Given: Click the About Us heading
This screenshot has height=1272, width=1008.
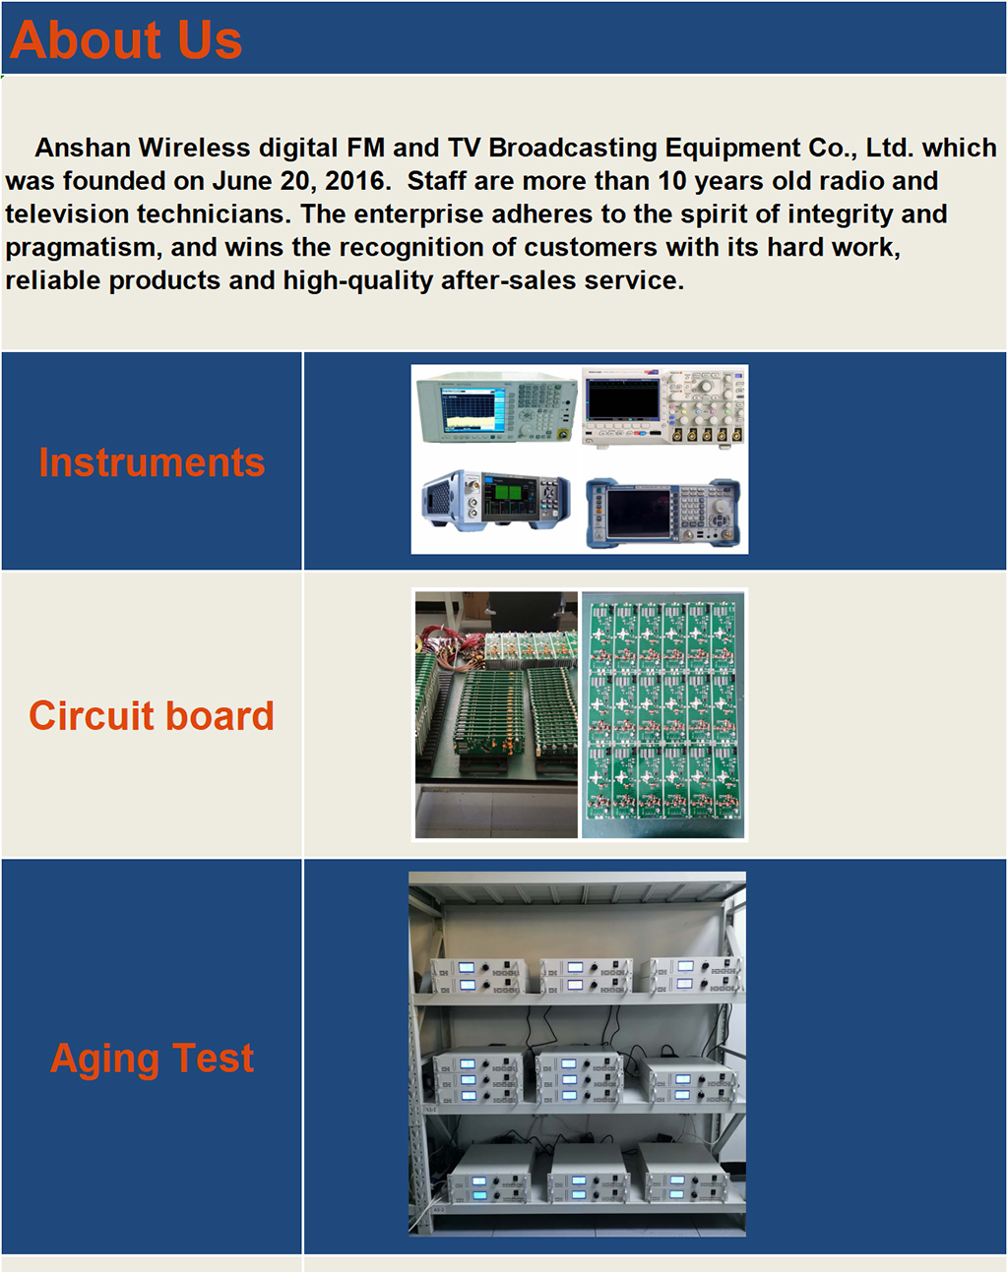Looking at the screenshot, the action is pos(126,40).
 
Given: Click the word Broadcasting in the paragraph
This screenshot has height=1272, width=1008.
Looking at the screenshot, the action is pos(573,148).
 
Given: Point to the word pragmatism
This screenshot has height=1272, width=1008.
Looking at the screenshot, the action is pos(84,248).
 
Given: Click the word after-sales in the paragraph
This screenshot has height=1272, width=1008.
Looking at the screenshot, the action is pos(508,280).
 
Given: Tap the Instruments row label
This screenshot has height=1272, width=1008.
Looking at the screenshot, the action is pos(152,462).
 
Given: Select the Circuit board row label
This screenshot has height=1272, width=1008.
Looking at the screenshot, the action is pos(152,716).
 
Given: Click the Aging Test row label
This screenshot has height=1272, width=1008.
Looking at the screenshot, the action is pos(152,1058).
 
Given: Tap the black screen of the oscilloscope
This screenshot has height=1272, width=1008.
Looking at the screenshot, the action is pos(622,398).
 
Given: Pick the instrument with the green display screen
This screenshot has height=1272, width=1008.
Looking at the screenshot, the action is pos(496,501).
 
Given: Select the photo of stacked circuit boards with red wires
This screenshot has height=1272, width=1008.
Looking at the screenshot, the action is pos(496,714).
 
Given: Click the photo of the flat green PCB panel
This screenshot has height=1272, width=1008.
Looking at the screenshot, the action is pos(663,714).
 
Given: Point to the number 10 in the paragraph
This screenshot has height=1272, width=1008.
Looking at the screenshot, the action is pos(672,181).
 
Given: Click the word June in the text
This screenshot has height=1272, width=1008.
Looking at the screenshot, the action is pos(242,181).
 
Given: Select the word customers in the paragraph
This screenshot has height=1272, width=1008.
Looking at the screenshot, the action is pos(591,248).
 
